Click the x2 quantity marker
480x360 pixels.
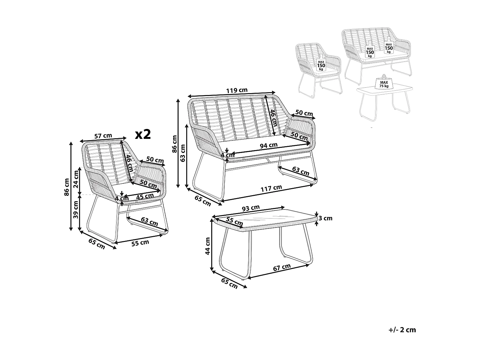pyautogui.click(x=143, y=134)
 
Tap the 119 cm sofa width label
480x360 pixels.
pyautogui.click(x=237, y=90)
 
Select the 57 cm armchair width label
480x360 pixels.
pyautogui.click(x=103, y=136)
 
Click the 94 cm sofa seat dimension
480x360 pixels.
pyautogui.click(x=268, y=146)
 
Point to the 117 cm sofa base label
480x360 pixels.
pyautogui.click(x=271, y=188)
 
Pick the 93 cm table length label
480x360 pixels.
pyautogui.click(x=251, y=208)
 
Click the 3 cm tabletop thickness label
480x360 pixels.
pyautogui.click(x=325, y=218)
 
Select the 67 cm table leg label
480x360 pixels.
pyautogui.click(x=282, y=267)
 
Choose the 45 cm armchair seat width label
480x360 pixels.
pyautogui.click(x=145, y=196)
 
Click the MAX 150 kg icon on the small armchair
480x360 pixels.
pyautogui.click(x=321, y=65)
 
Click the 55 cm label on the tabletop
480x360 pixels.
pyautogui.click(x=234, y=220)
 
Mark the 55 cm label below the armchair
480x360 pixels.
pyautogui.click(x=140, y=243)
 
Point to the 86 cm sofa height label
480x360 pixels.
pyautogui.click(x=174, y=144)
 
